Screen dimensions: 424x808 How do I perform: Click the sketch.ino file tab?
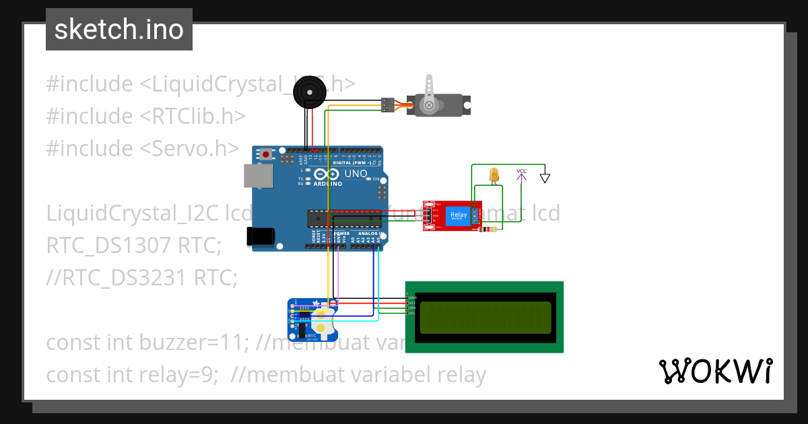[119, 30]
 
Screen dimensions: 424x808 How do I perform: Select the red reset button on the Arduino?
[266, 155]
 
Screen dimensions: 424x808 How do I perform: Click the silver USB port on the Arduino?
[259, 176]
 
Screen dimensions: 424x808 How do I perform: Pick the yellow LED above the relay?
[494, 174]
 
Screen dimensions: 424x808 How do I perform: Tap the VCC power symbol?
[521, 175]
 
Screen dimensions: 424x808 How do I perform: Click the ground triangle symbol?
[545, 178]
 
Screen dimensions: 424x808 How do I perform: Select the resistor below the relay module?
[486, 230]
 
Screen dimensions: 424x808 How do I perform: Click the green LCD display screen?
[485, 317]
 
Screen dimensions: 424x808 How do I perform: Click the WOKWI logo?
[715, 371]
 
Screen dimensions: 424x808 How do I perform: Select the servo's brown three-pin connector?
[387, 105]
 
